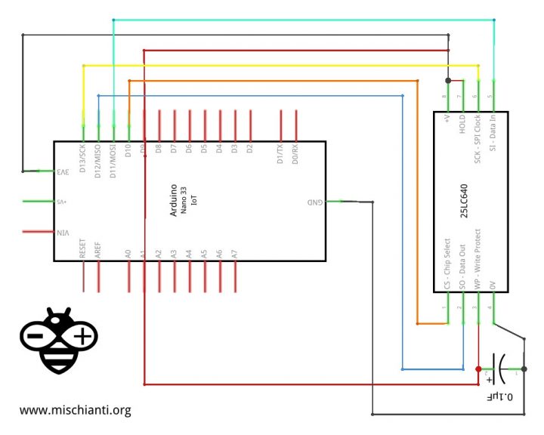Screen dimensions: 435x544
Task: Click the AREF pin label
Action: (98, 250)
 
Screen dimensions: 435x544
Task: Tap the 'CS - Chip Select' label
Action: (447, 264)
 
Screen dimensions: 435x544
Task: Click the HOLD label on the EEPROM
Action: (462, 124)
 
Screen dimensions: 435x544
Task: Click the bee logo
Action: (59, 341)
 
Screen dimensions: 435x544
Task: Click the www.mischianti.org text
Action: (76, 411)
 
